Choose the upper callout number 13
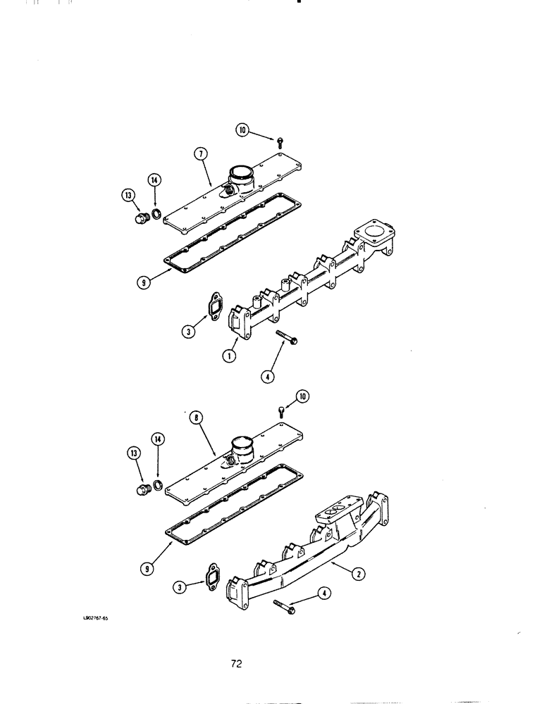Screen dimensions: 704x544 coord(128,195)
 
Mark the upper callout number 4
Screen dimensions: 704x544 coord(267,376)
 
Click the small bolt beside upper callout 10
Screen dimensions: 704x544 coord(280,142)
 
